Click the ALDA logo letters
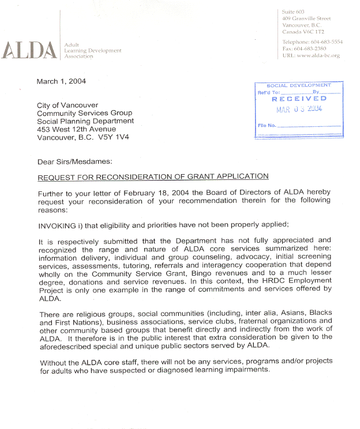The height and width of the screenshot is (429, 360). [x=29, y=50]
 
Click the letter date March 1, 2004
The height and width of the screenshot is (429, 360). [x=61, y=81]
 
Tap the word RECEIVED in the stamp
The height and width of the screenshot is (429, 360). [x=299, y=99]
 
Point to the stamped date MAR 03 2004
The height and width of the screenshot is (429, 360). [x=299, y=109]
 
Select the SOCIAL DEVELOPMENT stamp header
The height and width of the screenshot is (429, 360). [x=299, y=85]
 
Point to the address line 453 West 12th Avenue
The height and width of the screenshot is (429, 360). [x=76, y=129]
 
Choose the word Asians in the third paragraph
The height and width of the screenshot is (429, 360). [x=271, y=313]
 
